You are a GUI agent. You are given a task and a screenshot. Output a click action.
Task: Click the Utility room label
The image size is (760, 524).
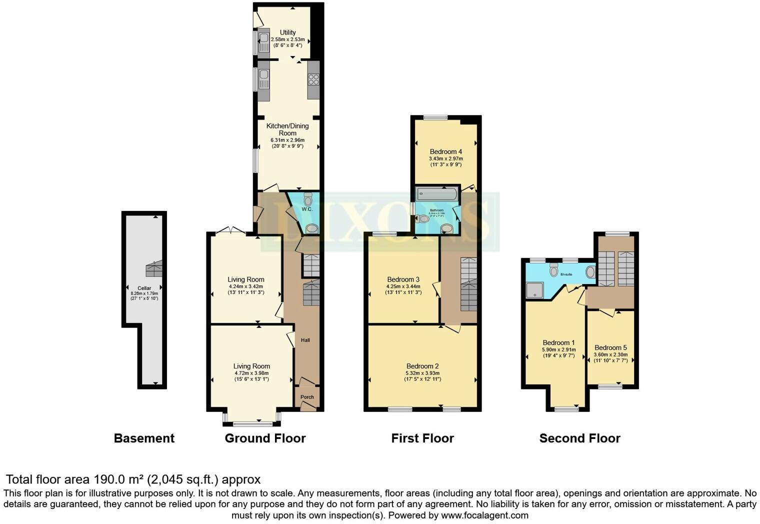(287, 32)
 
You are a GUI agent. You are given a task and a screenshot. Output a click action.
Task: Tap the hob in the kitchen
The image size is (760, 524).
(313, 79)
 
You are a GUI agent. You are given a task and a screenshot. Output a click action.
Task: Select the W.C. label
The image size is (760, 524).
(307, 209)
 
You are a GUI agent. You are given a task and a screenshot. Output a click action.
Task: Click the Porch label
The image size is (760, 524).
(307, 397)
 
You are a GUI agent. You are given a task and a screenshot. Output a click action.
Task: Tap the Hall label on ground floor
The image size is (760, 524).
(305, 340)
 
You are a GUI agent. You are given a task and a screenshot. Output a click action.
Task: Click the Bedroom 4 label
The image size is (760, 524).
(445, 151)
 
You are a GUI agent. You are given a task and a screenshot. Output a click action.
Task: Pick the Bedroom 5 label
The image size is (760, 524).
(610, 347)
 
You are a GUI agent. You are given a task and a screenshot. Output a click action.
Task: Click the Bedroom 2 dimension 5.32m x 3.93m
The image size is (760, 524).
(422, 373)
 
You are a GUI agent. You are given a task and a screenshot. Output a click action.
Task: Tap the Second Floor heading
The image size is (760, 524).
(579, 438)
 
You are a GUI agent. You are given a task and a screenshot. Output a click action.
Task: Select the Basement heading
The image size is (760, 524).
(144, 438)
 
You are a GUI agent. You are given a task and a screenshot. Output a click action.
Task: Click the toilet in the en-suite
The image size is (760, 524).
(553, 270)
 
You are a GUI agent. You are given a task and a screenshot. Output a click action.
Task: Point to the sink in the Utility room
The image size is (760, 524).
(263, 38)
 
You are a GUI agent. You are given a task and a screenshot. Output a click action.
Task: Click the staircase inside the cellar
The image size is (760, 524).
(154, 269)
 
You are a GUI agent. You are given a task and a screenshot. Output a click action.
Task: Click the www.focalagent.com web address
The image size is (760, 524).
(484, 515)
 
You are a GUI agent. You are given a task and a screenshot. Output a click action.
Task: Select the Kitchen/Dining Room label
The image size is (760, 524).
(287, 129)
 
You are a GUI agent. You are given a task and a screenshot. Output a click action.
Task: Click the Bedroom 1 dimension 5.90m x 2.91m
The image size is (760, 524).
(558, 350)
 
